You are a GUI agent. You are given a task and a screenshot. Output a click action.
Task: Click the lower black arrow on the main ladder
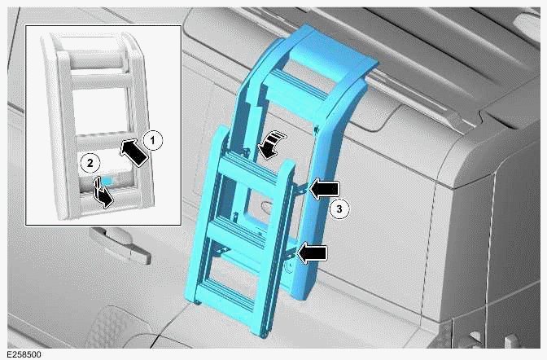pyautogui.click(x=312, y=253)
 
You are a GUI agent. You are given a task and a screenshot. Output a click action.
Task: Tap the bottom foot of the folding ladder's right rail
pyautogui.click(x=265, y=331)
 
